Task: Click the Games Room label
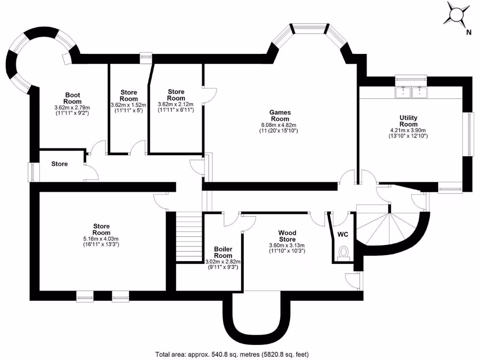[280, 115]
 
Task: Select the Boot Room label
[73, 98]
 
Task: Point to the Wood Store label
[287, 236]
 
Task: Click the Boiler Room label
[223, 252]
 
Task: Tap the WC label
[343, 234]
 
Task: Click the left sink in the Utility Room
[404, 92]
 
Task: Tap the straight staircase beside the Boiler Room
[189, 237]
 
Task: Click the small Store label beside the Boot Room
[60, 164]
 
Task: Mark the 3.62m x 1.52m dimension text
[128, 105]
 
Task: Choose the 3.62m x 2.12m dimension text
[176, 104]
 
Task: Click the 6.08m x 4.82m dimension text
[280, 125]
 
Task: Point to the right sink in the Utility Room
[419, 92]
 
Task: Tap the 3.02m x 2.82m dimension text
[223, 262]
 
